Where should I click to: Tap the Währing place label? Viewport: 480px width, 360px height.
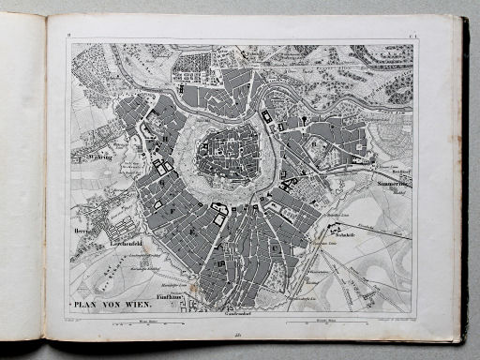click(88, 159)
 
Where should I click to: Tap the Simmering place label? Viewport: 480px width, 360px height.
click(395, 185)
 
